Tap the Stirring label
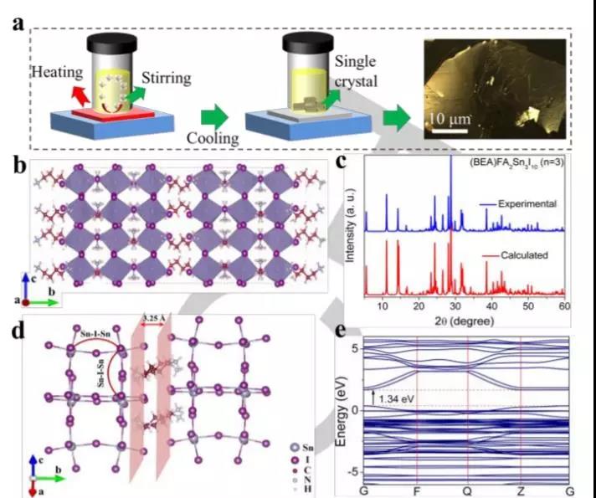pos(166,79)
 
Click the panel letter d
pos(16,328)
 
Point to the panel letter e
pos(341,328)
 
